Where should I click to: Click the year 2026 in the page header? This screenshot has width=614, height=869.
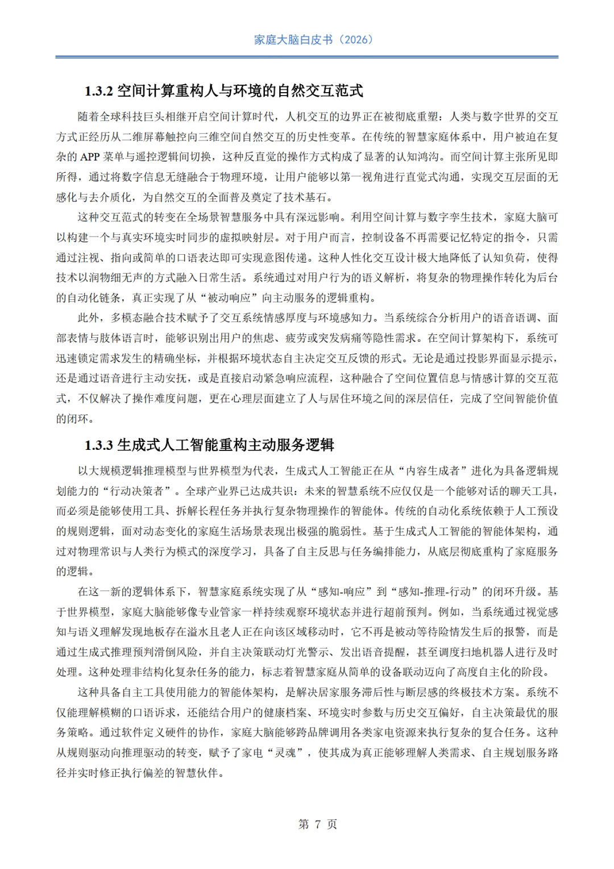click(356, 40)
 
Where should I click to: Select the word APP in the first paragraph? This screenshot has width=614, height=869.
click(90, 157)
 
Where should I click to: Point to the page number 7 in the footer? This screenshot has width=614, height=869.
click(317, 824)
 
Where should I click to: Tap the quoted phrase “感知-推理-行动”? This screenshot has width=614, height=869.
click(434, 591)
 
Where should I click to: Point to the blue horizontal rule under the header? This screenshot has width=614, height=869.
click(307, 57)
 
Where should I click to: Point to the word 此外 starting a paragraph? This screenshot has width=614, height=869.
click(89, 318)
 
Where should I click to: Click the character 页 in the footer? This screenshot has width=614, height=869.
click(333, 824)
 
